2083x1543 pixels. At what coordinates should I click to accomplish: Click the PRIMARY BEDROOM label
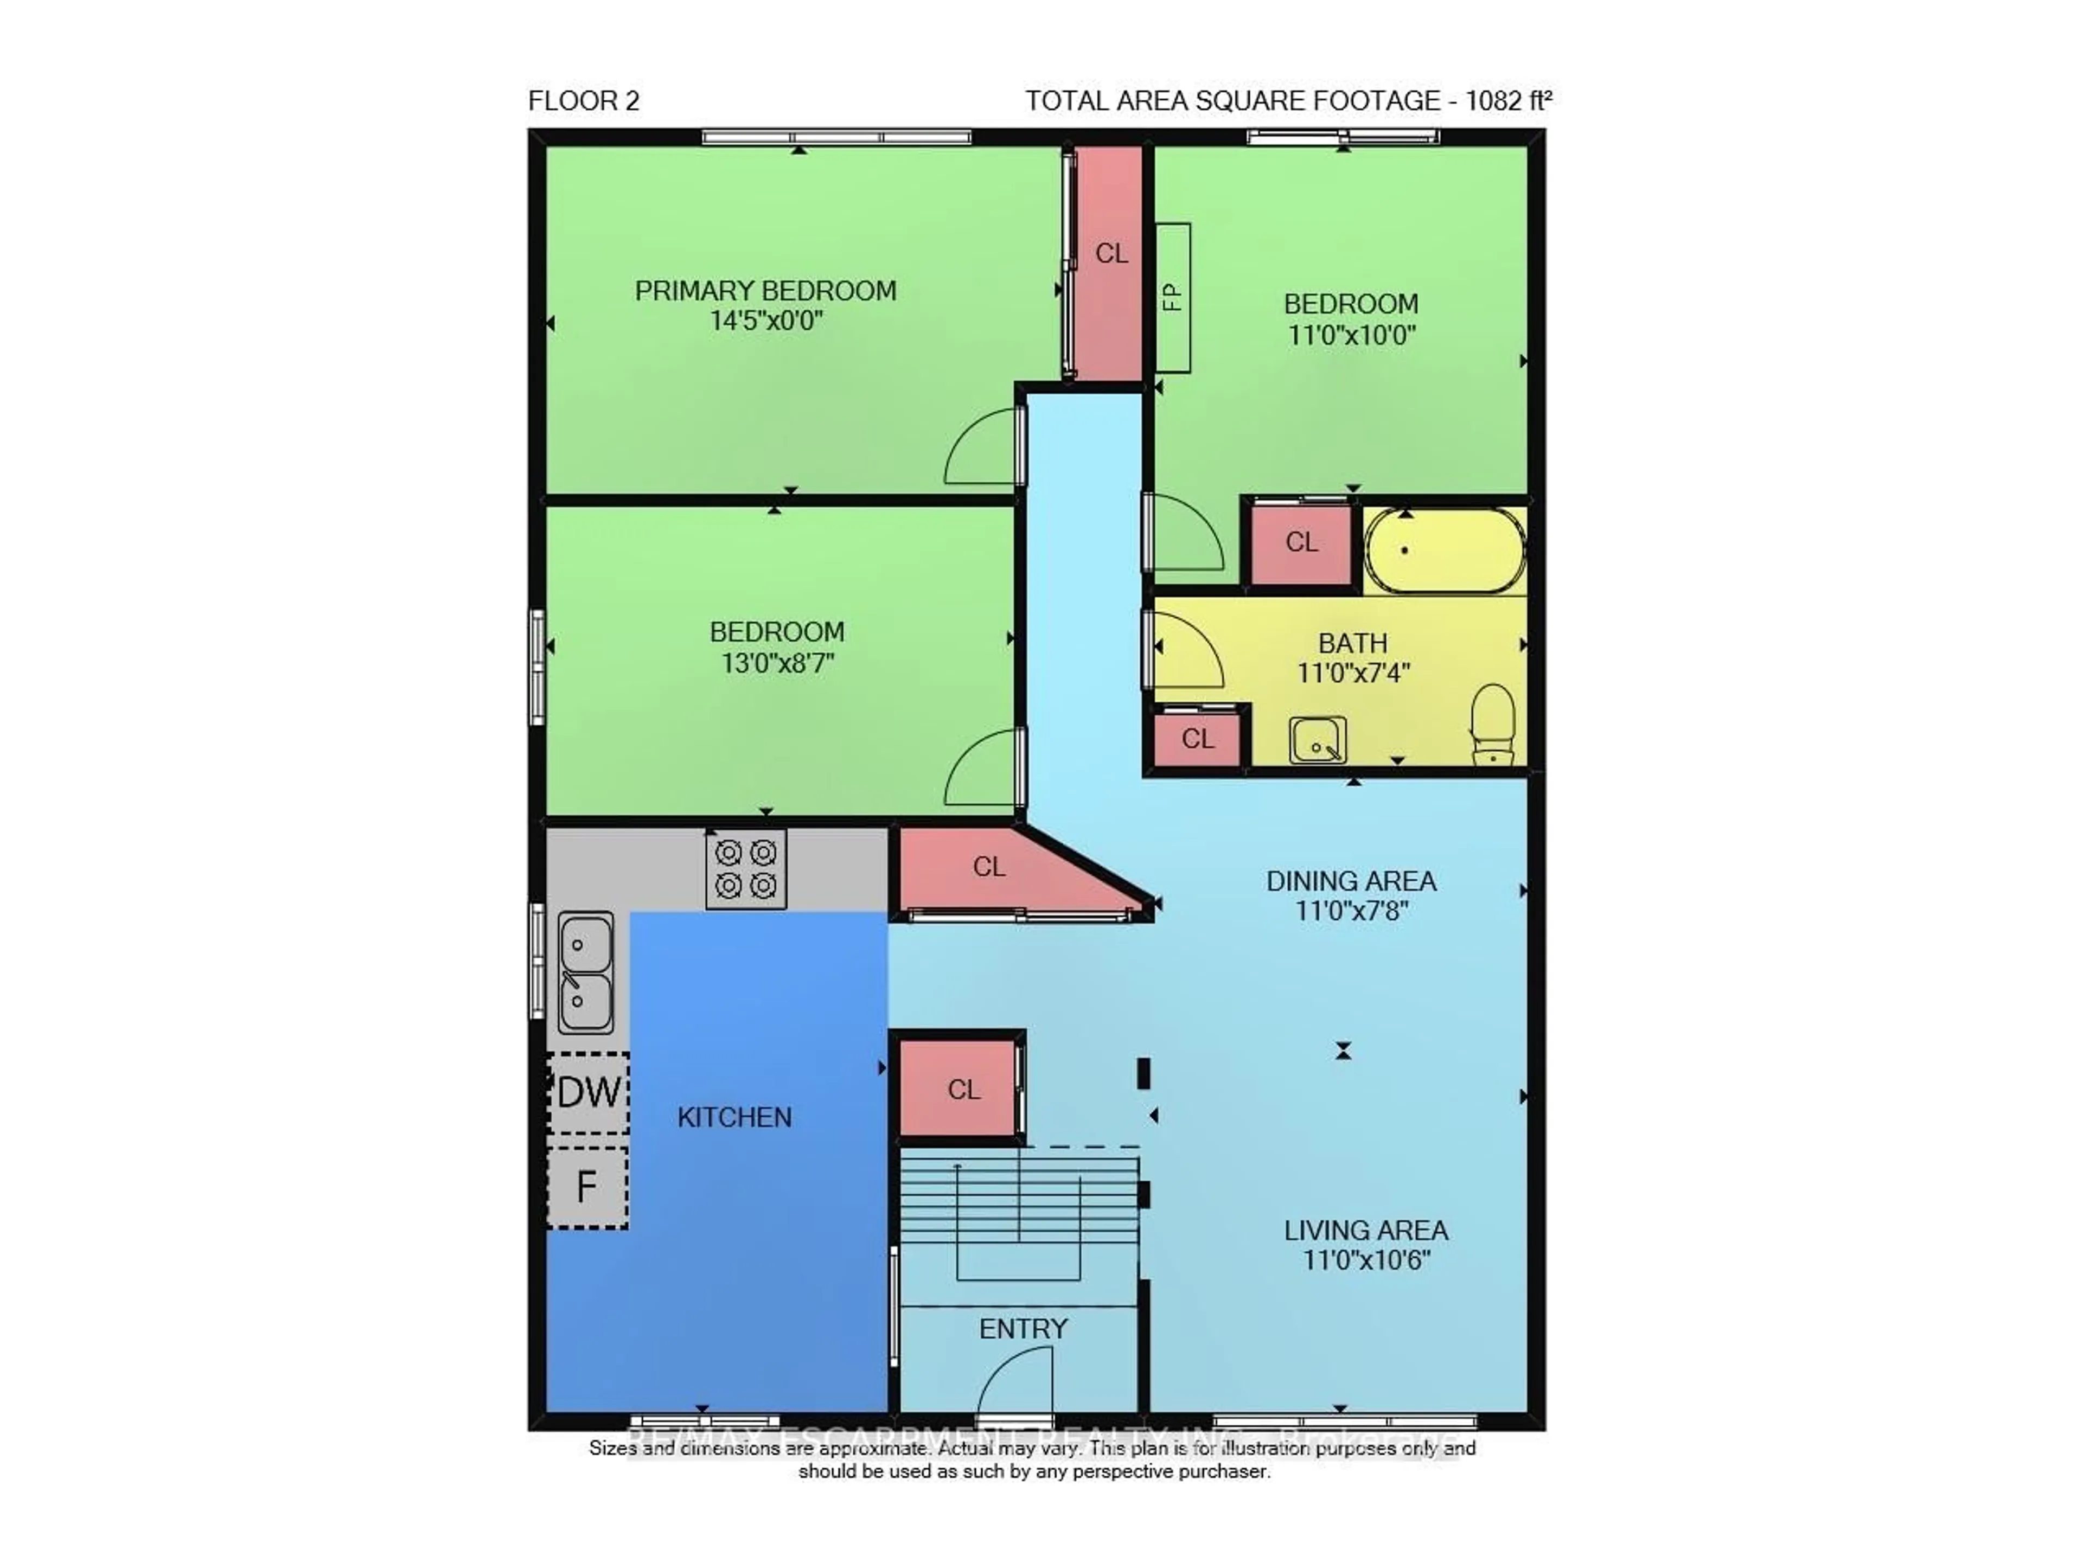pyautogui.click(x=765, y=291)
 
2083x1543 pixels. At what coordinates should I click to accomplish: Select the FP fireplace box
pyautogui.click(x=1173, y=298)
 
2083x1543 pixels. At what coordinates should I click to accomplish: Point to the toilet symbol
pyautogui.click(x=1492, y=724)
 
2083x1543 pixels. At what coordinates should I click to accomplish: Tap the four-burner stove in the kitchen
pyautogui.click(x=745, y=868)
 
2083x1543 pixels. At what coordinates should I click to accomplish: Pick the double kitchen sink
pyautogui.click(x=586, y=972)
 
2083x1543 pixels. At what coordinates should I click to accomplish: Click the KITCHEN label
pyautogui.click(x=734, y=1117)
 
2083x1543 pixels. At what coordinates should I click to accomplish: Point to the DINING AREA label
pyautogui.click(x=1351, y=881)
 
